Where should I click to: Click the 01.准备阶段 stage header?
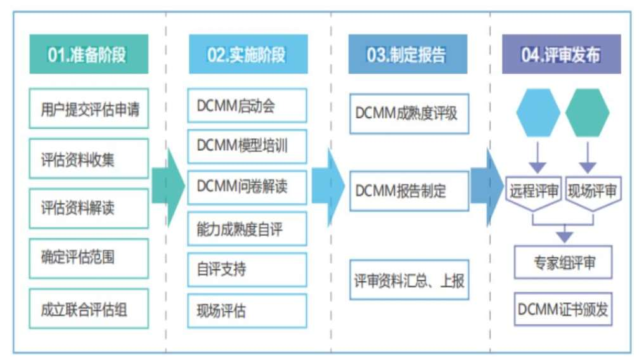pos(88,55)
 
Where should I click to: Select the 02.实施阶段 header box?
pos(247,55)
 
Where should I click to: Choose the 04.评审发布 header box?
pos(561,55)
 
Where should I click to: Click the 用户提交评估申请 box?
pos(89,108)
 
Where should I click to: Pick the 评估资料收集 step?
pos(89,158)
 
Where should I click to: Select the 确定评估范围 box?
pos(89,258)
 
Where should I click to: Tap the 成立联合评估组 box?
pos(89,309)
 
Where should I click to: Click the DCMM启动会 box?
pos(247,105)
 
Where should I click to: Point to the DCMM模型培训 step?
pos(247,146)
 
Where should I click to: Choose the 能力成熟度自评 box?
pos(247,229)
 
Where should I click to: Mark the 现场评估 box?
pos(247,311)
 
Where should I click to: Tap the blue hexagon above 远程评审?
pos(538,113)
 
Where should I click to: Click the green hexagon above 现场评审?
pos(588,113)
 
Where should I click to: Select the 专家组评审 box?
pos(563,262)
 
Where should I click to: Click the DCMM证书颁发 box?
pos(563,309)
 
